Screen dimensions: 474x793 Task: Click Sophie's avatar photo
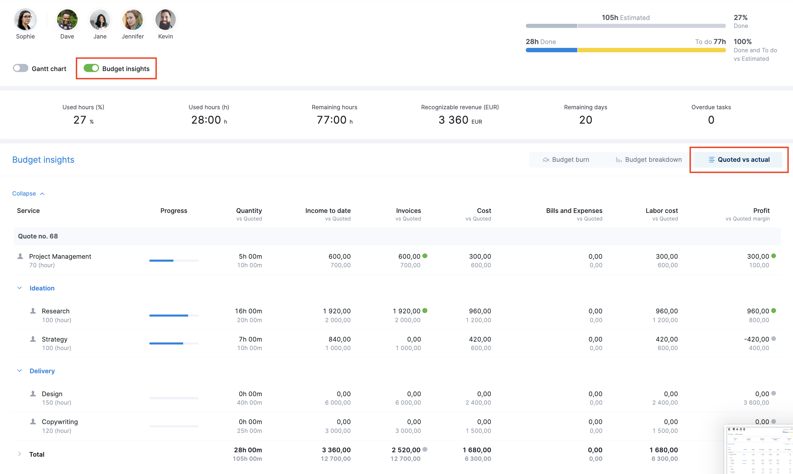[25, 19]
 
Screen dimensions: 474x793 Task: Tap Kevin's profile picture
[165, 19]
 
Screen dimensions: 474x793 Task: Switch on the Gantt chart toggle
[21, 68]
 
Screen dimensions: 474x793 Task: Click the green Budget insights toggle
[91, 68]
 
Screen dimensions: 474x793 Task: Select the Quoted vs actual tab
[738, 160]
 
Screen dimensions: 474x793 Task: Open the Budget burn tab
[566, 160]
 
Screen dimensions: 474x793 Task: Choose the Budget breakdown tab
[648, 160]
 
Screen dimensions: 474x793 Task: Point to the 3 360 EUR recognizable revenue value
[460, 120]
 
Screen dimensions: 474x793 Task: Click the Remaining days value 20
[585, 120]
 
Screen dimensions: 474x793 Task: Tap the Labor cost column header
[661, 211]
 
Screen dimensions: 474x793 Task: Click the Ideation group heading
[42, 288]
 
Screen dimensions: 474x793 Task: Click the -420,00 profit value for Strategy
[756, 339]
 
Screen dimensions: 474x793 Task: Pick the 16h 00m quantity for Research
[248, 311]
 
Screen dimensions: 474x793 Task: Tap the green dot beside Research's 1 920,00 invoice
[425, 310]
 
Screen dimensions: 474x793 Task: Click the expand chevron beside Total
[19, 454]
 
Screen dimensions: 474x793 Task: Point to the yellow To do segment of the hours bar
[651, 50]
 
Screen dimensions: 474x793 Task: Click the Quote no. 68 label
[38, 236]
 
